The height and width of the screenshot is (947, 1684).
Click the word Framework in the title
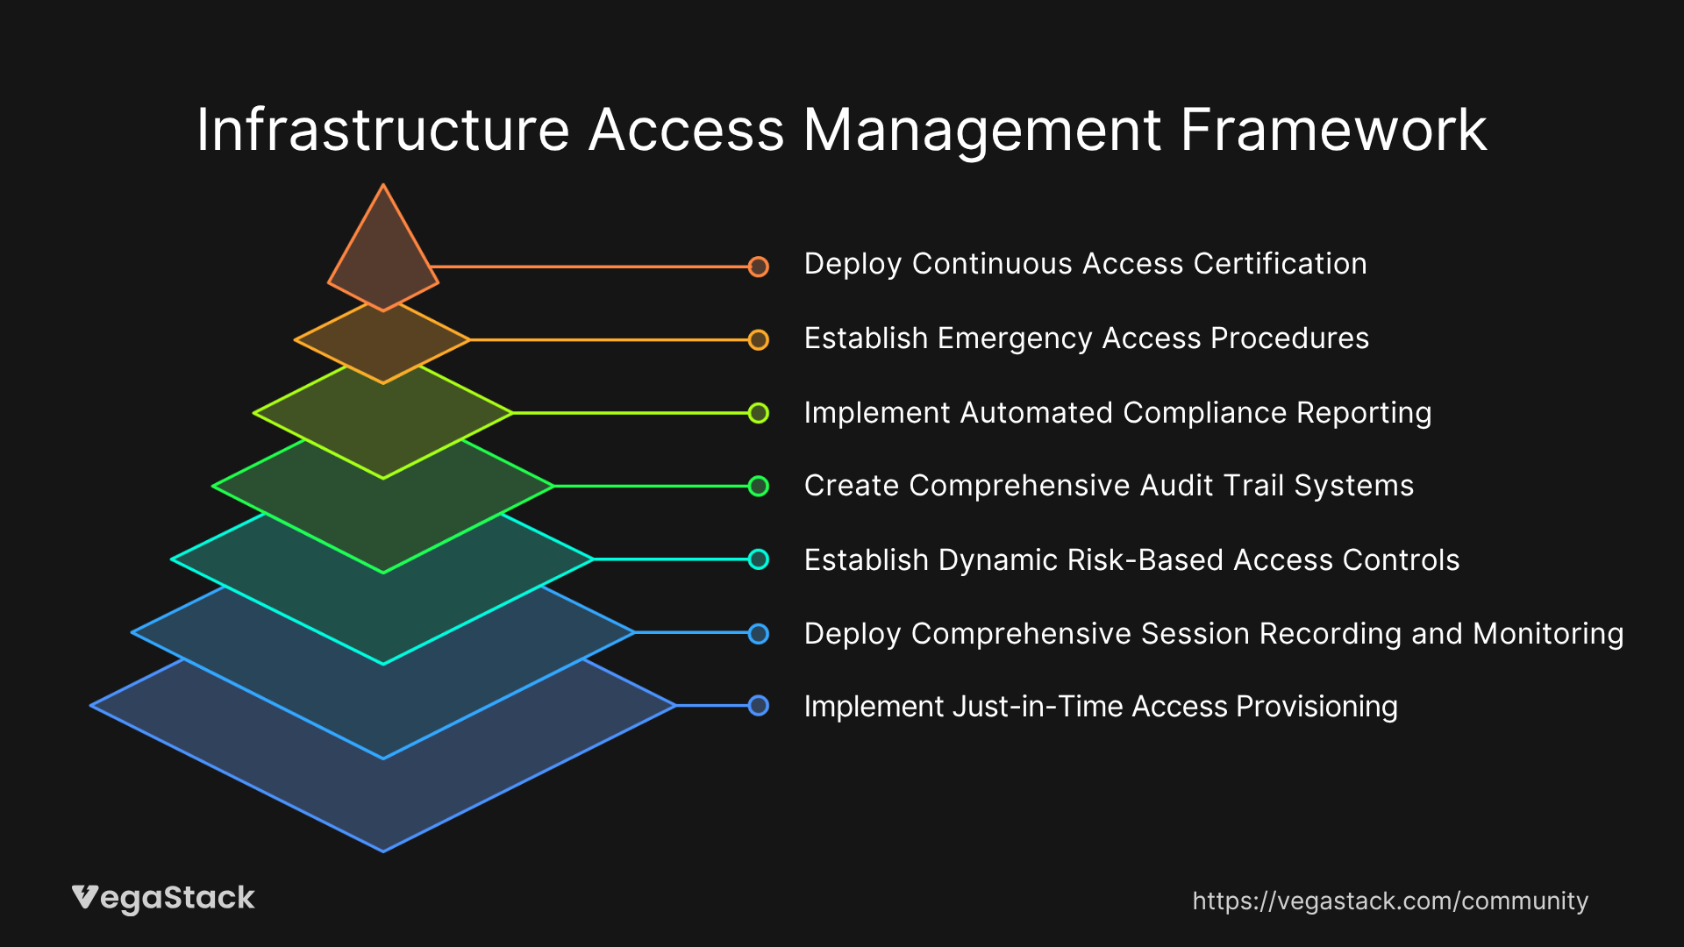[x=1333, y=130]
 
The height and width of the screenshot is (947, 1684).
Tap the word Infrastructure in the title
[x=383, y=130]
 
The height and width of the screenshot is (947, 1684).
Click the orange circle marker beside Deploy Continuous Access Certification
[x=759, y=267]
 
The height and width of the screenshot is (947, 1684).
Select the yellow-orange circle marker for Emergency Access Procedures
[x=759, y=340]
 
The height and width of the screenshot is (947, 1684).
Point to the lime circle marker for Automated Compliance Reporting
[x=759, y=413]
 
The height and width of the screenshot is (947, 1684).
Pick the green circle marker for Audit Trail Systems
[x=759, y=486]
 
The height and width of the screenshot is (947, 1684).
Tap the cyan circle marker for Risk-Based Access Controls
[x=759, y=559]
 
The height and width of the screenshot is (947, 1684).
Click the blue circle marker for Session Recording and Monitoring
[x=759, y=633]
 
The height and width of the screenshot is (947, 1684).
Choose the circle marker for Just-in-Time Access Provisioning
[x=759, y=706]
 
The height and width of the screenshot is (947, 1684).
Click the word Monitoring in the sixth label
[x=1548, y=634]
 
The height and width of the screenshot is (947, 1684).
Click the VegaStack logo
[x=163, y=899]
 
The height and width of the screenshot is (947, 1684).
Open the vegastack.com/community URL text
[x=1390, y=901]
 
